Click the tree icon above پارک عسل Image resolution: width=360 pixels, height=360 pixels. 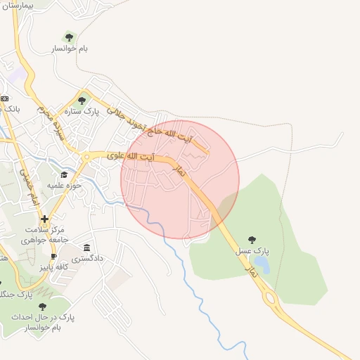click(x=252, y=240)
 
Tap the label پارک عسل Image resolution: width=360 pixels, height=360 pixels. click(x=252, y=251)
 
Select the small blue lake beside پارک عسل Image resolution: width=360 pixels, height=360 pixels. click(x=262, y=264)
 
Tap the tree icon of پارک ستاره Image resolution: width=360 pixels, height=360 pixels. click(x=82, y=101)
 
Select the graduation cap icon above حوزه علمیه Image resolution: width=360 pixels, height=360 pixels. click(x=64, y=174)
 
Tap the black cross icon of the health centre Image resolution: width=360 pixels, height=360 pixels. click(x=45, y=219)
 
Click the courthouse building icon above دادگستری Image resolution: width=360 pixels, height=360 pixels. click(x=86, y=247)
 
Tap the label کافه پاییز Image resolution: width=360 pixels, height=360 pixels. click(x=53, y=268)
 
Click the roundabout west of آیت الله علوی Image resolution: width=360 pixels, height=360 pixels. click(x=86, y=155)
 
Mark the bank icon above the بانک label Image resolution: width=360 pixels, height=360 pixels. click(x=4, y=98)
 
